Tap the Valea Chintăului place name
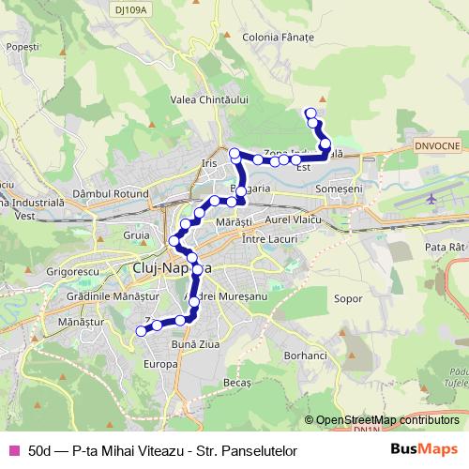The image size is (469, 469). coord(208,99)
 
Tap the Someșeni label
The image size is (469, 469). coord(340,189)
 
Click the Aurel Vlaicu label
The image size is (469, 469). coord(294,219)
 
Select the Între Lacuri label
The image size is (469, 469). coord(268,240)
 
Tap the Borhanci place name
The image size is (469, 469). coord(305,356)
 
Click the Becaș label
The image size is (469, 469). coord(237,383)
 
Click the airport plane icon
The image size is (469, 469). coord(431,199)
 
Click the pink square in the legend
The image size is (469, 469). coord(13,451)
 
